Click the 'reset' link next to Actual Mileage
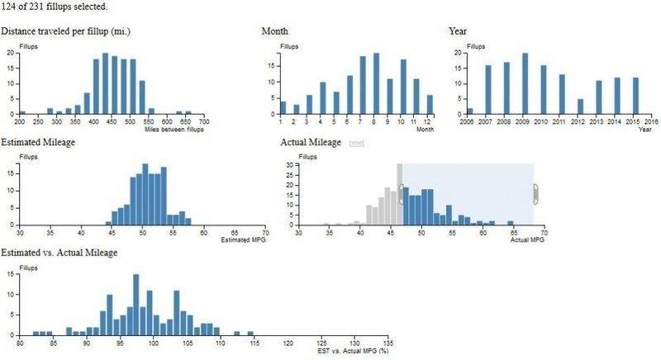(x=357, y=143)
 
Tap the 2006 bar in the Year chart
(x=470, y=111)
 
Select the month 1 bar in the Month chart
(x=283, y=107)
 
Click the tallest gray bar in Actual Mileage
(x=399, y=195)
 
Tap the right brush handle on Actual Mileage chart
(x=535, y=195)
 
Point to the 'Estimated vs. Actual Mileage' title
(x=59, y=252)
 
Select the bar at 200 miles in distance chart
(x=22, y=112)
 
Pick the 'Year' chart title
(x=458, y=31)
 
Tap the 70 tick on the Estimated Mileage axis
(x=264, y=232)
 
